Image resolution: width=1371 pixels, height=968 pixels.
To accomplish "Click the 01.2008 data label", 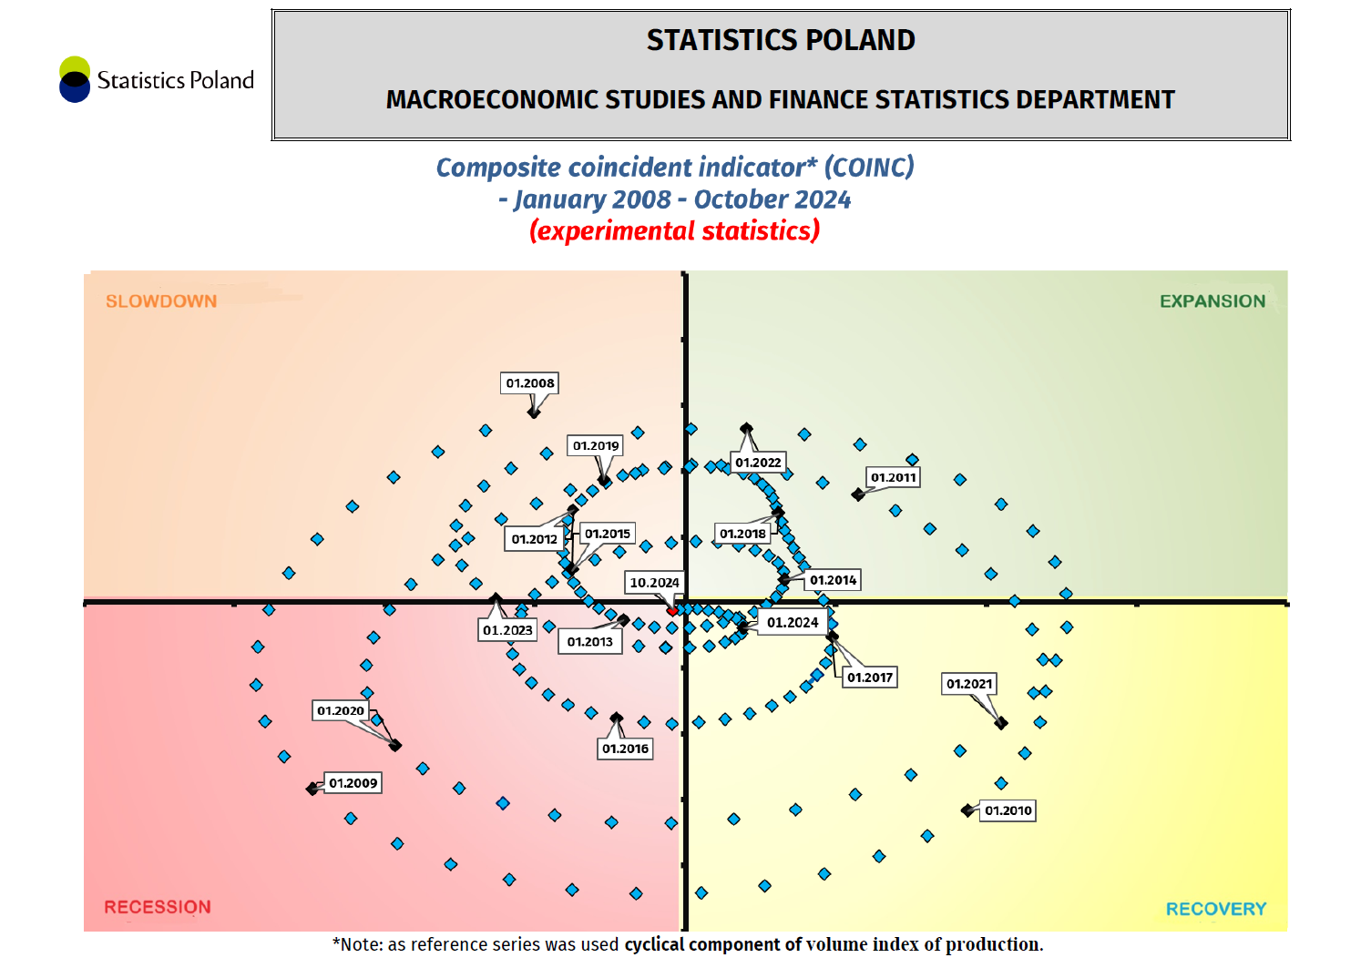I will pos(529,383).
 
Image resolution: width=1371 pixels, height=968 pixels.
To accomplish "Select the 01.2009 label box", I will pos(353,783).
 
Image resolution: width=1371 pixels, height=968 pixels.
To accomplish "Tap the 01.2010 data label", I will pos(1008,810).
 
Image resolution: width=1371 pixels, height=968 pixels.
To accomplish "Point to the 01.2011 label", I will pos(893,477).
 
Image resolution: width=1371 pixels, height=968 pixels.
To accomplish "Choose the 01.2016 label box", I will pos(625,749).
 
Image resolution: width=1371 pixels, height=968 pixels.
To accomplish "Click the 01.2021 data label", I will pos(969,684).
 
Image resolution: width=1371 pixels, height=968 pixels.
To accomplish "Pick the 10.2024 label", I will pos(654,583).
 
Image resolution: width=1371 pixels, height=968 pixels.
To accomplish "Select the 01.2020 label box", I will pos(341,710).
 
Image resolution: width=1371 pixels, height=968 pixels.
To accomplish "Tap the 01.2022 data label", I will pos(758,463).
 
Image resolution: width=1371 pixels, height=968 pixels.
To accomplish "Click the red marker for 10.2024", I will pos(672,610).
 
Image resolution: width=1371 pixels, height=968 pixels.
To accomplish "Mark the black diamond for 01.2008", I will pos(534,412).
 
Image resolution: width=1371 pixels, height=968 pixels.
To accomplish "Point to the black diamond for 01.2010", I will pos(967,810).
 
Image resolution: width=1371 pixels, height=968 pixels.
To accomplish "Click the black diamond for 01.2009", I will pos(312,789).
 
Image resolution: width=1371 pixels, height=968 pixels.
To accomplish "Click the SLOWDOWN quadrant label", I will pos(161,301).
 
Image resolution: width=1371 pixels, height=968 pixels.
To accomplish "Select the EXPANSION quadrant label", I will pos(1212,301).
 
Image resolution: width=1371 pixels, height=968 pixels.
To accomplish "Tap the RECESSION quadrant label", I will pos(158,907).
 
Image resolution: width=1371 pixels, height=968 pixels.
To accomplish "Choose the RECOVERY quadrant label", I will pos(1215,909).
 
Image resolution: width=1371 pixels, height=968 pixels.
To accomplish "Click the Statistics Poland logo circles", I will pos(75,79).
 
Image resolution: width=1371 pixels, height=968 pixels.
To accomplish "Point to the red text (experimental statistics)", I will pos(674,231).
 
